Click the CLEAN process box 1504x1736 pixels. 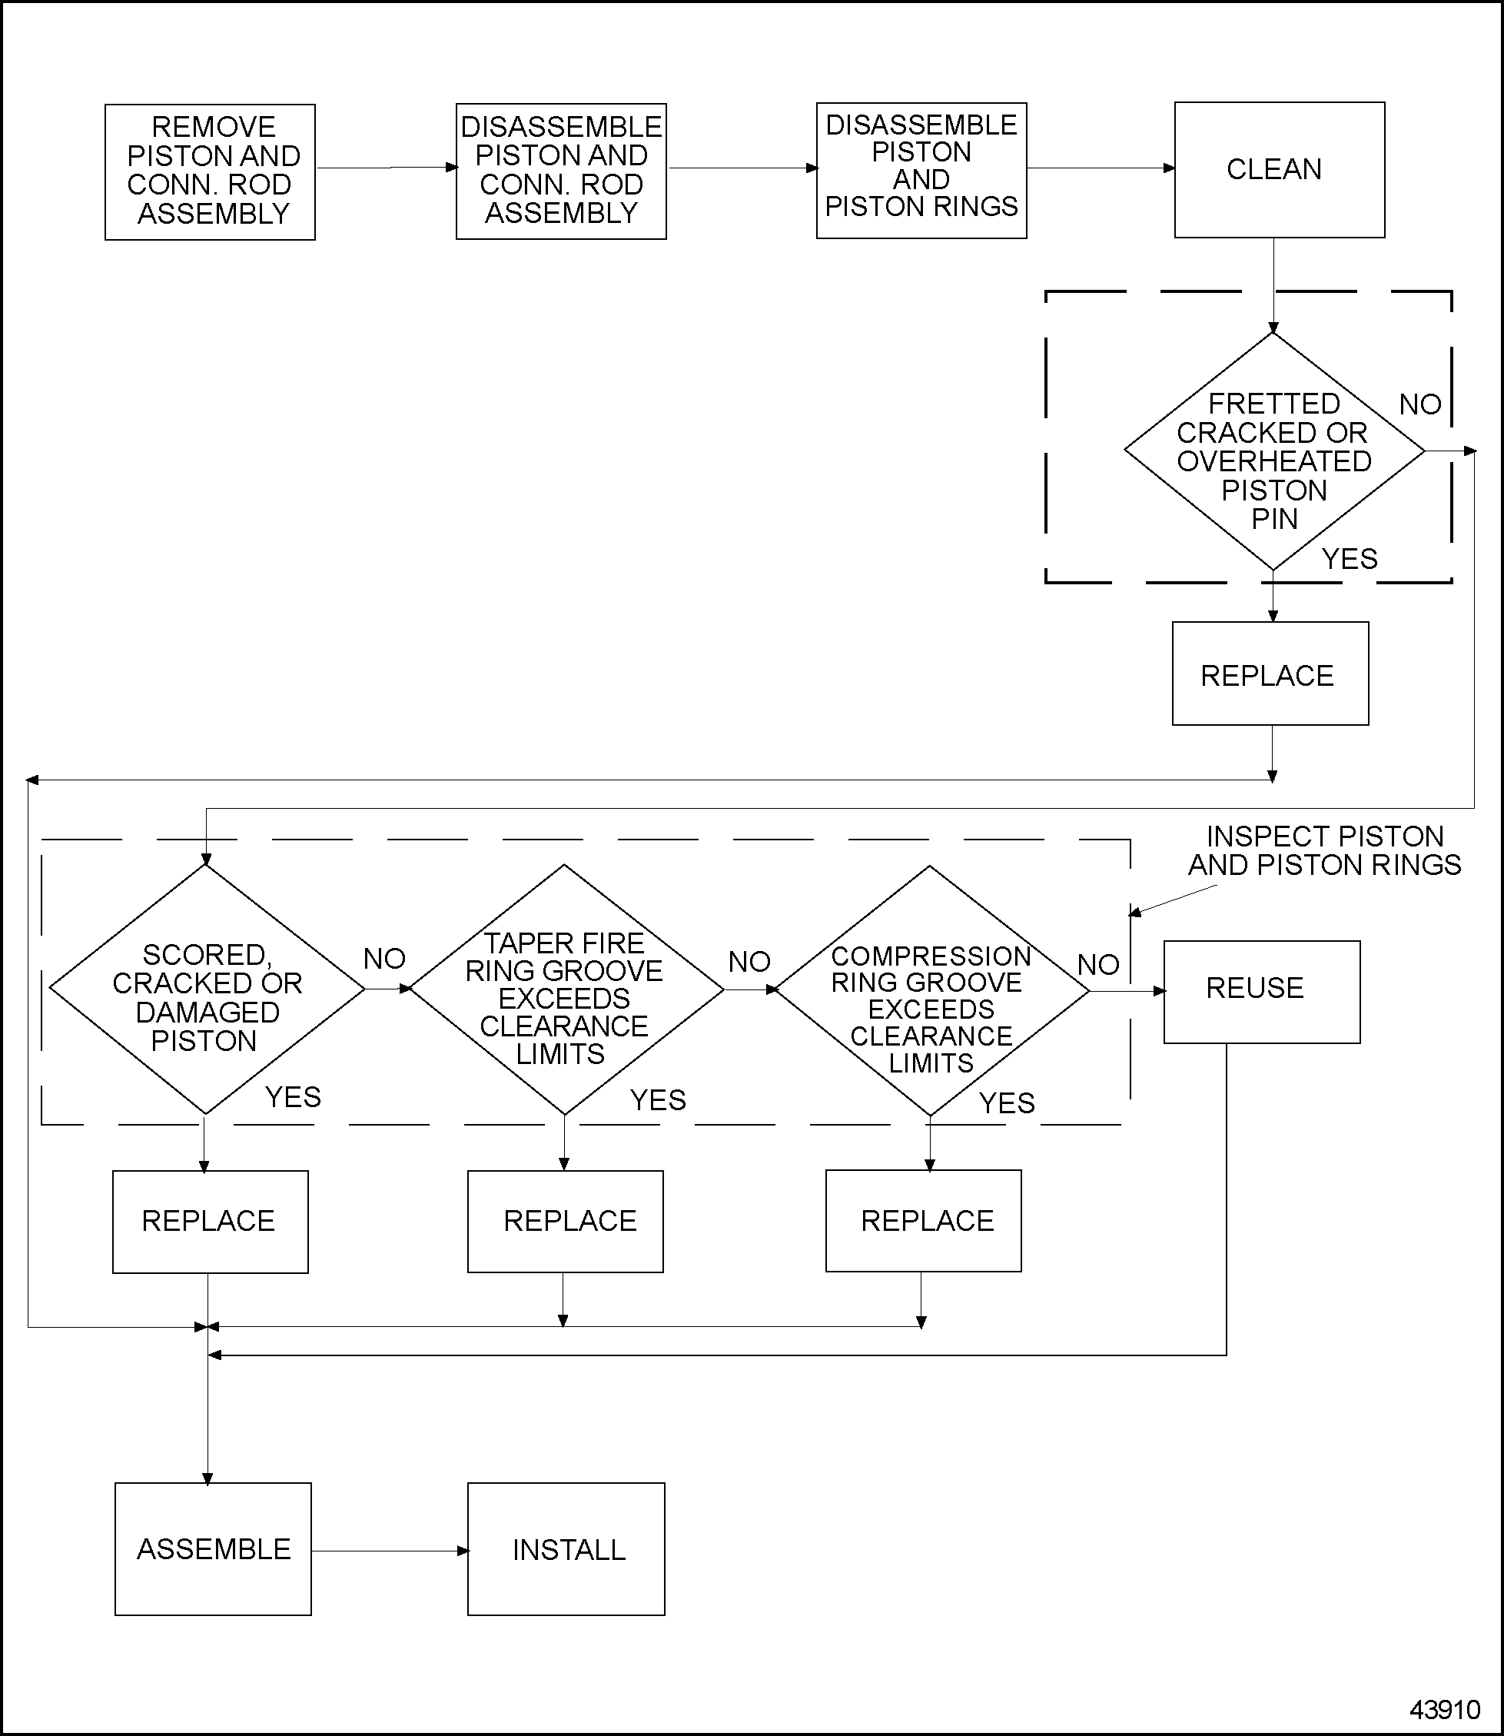click(1279, 170)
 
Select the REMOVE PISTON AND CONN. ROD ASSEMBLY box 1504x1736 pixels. click(210, 172)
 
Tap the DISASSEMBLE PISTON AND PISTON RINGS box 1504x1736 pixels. click(921, 171)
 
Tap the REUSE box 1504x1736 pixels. click(1260, 992)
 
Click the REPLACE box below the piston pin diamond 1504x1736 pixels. click(1270, 673)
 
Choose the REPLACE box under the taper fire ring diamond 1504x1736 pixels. click(565, 1221)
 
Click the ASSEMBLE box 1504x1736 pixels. click(213, 1549)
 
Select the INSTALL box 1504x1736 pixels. click(566, 1549)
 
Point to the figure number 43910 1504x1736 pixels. click(1444, 1710)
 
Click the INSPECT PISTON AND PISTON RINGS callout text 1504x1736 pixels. click(1323, 850)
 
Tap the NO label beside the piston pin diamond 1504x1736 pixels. click(1419, 404)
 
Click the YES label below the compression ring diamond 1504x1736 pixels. click(1006, 1103)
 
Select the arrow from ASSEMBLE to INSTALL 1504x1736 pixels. click(390, 1551)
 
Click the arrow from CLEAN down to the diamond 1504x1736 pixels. click(1273, 285)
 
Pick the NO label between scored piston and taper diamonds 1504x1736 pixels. click(384, 959)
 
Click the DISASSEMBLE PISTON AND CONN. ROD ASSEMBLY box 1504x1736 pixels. click(561, 171)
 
